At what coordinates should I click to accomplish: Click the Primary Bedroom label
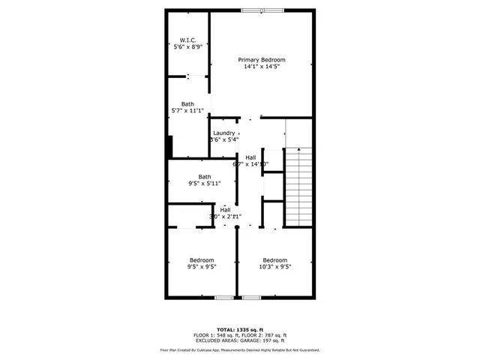[x=262, y=59]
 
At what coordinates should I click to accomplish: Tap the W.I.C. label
[x=187, y=40]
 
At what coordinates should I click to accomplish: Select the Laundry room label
[x=223, y=133]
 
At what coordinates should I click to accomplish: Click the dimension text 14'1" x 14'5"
[x=262, y=67]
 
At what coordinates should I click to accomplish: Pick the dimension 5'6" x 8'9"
[x=187, y=47]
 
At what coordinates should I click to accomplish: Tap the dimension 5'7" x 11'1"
[x=187, y=111]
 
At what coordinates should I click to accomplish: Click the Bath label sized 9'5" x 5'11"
[x=204, y=177]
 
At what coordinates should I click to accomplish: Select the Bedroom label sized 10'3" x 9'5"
[x=274, y=260]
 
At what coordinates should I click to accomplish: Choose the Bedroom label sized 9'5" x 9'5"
[x=201, y=260]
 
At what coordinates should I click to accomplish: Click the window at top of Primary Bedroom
[x=262, y=10]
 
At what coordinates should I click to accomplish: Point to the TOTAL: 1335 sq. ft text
[x=240, y=329]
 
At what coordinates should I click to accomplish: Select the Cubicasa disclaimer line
[x=240, y=349]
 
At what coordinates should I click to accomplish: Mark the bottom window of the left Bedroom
[x=224, y=298]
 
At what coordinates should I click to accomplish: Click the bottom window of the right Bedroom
[x=252, y=298]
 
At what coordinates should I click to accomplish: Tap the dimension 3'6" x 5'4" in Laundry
[x=223, y=139]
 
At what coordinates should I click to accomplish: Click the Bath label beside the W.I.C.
[x=187, y=103]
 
